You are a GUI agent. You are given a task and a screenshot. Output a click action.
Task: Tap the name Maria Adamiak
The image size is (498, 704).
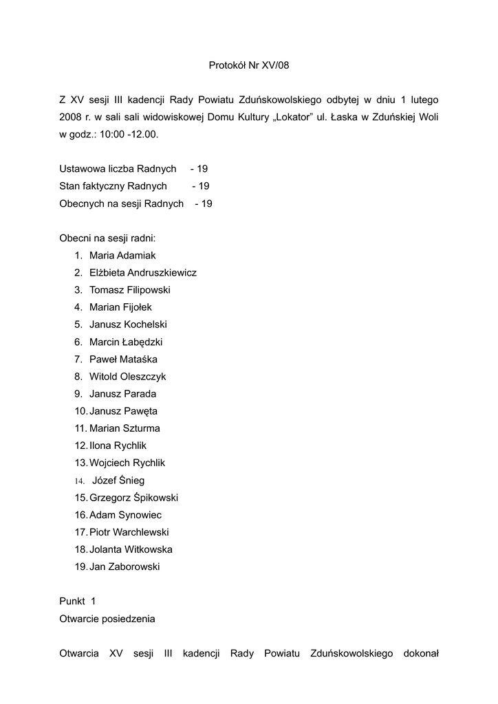(122, 255)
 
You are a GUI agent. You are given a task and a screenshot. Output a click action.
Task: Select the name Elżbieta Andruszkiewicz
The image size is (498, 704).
(142, 273)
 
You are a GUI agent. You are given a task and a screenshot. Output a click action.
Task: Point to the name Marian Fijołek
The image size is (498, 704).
(120, 307)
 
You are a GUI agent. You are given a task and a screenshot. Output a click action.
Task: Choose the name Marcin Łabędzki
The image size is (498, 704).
(126, 342)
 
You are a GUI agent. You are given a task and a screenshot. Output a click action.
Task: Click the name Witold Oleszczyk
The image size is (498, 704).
(127, 377)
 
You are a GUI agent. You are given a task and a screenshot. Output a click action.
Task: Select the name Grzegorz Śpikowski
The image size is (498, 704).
(133, 498)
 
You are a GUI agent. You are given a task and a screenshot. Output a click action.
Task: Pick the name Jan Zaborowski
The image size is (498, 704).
(124, 567)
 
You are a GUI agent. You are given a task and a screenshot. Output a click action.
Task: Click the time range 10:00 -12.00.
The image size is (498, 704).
(129, 135)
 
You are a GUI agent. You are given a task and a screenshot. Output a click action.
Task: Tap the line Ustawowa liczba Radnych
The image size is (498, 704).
(118, 169)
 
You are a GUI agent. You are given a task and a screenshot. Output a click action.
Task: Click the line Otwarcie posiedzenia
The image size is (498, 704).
(107, 619)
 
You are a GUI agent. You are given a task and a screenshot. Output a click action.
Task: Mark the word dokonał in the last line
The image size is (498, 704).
(421, 653)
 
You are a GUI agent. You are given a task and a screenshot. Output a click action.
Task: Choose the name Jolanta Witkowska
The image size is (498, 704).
(131, 549)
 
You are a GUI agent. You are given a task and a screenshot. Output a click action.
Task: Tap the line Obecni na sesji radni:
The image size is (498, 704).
(107, 238)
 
